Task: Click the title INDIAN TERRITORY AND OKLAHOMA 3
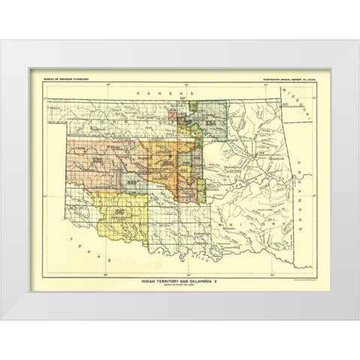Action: click(x=179, y=280)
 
